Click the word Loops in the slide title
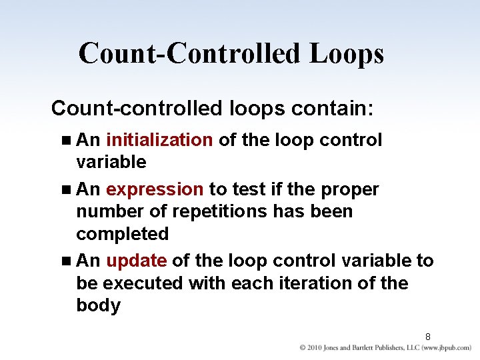pos(346,54)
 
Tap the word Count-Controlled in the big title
pos(189,54)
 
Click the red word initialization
pos(159,140)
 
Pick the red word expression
pos(155,189)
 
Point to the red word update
pos(136,261)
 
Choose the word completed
pos(123,235)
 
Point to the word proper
pos(349,189)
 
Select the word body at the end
pos(98,306)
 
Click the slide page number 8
pos(428,337)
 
